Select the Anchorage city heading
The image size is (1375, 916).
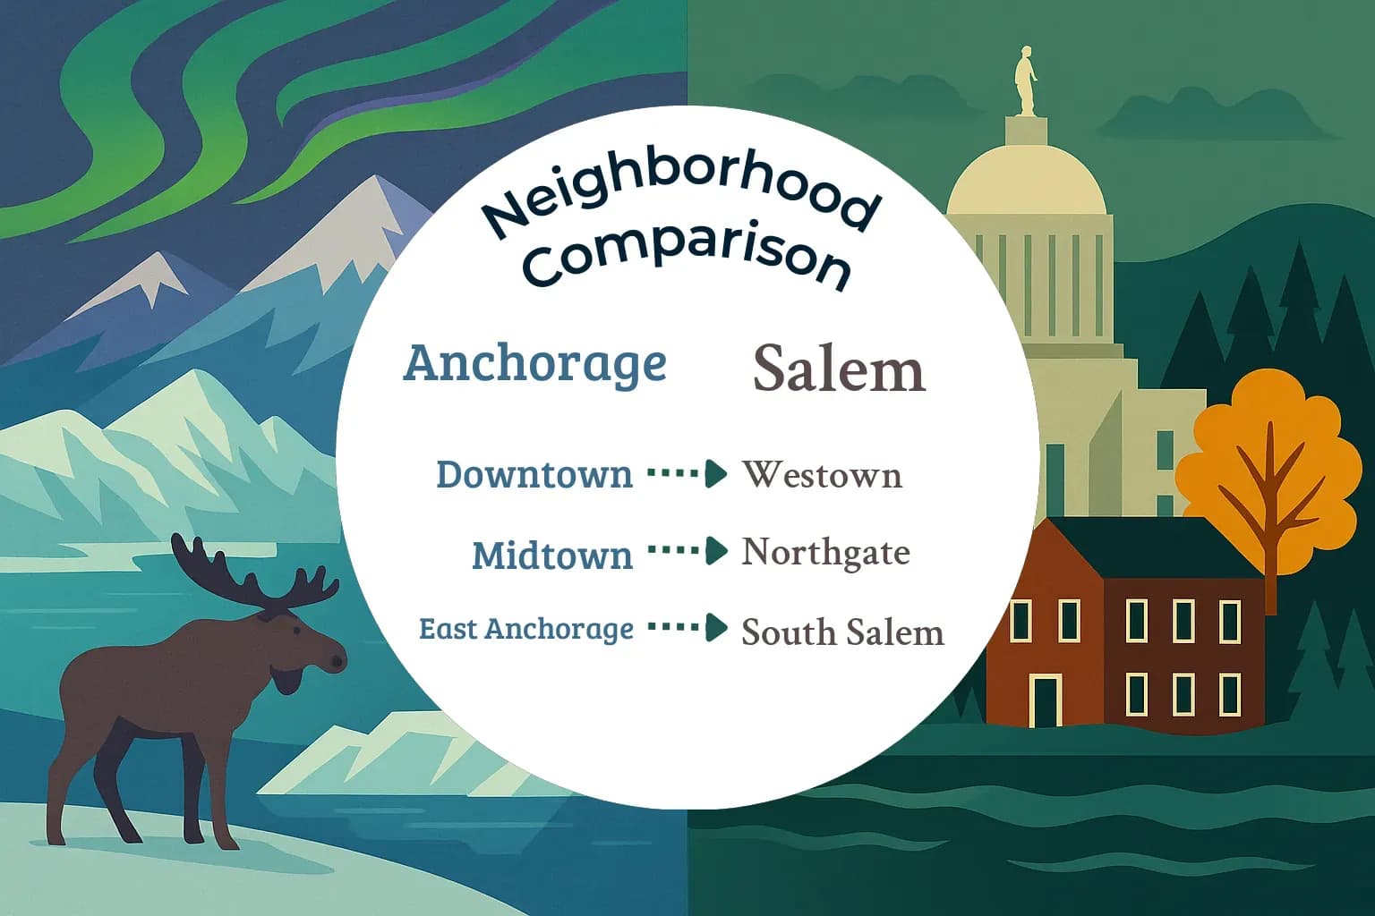[534, 363]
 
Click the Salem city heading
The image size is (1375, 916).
[839, 369]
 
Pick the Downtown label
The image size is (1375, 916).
[534, 474]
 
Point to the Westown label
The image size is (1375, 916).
[822, 474]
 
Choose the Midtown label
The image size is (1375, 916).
[552, 556]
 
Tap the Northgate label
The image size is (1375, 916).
[825, 552]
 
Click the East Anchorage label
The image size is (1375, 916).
[526, 629]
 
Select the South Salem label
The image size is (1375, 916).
[842, 632]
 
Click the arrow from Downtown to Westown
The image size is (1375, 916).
[687, 473]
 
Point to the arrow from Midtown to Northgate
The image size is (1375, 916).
[687, 551]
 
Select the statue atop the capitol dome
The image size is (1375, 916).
[1026, 82]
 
